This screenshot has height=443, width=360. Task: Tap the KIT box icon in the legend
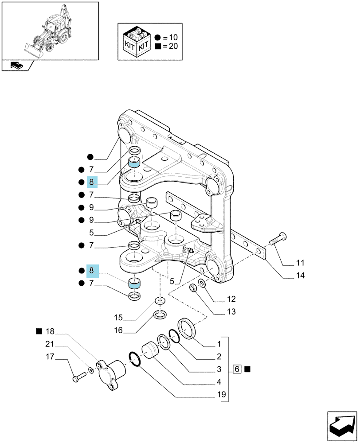[136, 41]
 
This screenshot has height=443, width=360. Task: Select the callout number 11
[300, 263]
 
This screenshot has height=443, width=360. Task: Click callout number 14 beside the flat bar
[300, 276]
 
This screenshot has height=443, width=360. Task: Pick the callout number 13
[231, 311]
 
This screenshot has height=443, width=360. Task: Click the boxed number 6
[237, 369]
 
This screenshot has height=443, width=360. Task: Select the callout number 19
[221, 394]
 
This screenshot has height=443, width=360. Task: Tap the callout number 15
[118, 318]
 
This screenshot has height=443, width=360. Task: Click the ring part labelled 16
[160, 314]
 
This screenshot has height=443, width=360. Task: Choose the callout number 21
[50, 344]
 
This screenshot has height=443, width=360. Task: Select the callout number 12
[231, 299]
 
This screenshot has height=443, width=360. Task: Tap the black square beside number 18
[39, 331]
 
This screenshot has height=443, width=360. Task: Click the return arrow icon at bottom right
[342, 426]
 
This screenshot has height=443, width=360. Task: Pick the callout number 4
[219, 382]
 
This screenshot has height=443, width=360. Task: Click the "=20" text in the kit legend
[171, 46]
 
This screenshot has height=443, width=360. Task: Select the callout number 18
[50, 331]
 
